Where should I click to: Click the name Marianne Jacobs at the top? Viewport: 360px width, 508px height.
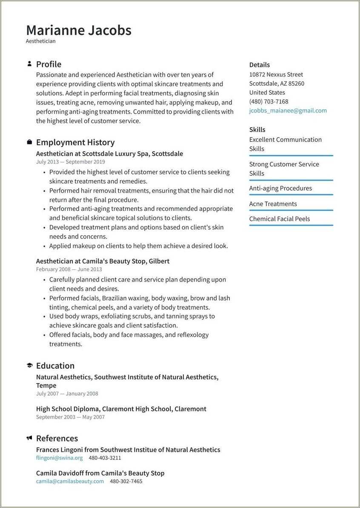pos(79,30)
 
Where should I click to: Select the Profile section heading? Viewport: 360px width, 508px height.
pos(49,64)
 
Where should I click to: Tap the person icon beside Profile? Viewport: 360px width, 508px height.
pos(29,64)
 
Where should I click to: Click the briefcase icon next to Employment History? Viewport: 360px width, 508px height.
pos(29,142)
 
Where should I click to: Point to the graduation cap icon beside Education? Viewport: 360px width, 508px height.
pos(29,365)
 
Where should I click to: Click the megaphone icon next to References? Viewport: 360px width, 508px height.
pos(29,438)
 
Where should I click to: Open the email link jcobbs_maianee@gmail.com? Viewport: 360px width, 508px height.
pos(288,110)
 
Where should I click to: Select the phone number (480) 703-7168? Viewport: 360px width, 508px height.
pos(269,101)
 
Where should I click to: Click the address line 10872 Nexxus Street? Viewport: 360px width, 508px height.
pos(276,75)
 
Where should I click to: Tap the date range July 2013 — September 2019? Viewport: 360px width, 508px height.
pos(70,162)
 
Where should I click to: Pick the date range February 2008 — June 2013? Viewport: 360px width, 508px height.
pos(69,269)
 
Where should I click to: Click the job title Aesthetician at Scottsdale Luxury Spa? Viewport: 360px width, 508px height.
pos(109,154)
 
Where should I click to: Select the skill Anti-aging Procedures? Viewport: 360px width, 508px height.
pos(280,188)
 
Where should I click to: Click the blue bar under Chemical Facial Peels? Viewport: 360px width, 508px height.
pos(291,225)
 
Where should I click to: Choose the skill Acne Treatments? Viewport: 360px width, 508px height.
pos(273,204)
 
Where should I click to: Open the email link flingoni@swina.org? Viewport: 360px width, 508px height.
pos(60,458)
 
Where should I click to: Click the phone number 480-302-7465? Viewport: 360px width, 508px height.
pos(126,481)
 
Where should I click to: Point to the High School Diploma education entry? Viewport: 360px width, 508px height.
pos(121,409)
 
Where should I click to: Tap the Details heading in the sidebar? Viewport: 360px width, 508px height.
pos(259,65)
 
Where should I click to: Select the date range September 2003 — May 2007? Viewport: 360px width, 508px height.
pos(70,417)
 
